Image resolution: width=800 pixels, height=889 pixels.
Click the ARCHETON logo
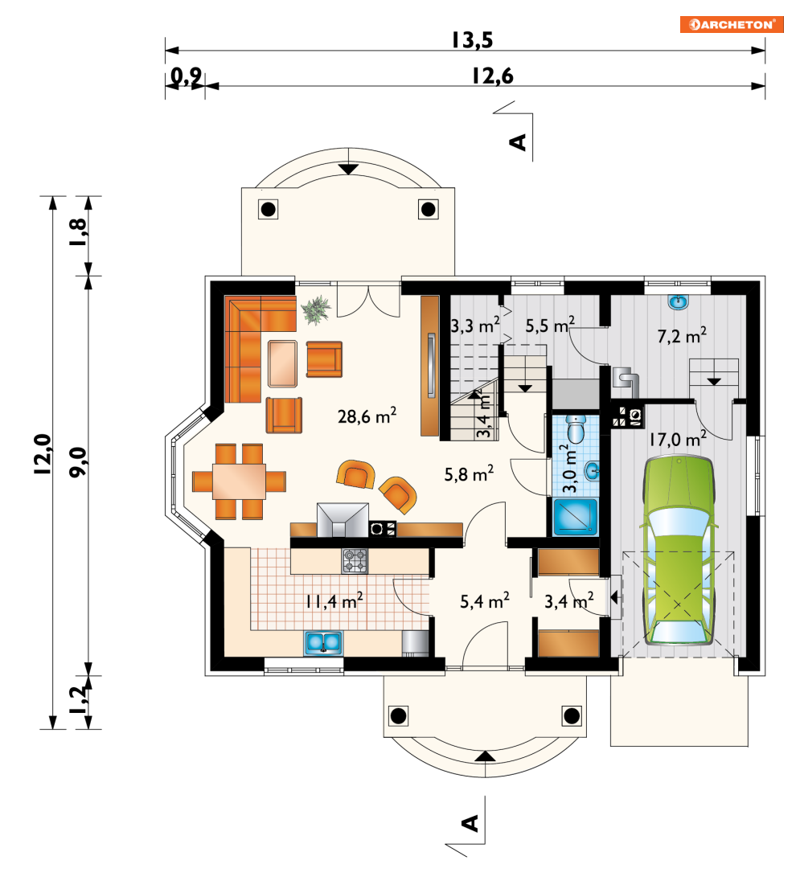point(732,24)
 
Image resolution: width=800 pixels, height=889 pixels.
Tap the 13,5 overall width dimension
point(472,40)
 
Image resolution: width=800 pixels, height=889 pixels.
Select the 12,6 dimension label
point(492,76)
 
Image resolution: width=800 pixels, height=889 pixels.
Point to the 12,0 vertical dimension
point(43,453)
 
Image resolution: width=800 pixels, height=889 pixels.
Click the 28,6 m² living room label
point(367,416)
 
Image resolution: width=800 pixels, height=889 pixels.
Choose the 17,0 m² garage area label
point(678,439)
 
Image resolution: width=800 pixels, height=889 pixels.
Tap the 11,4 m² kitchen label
point(334,601)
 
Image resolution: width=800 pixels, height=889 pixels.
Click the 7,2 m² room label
point(682,336)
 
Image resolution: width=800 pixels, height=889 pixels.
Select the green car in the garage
point(678,551)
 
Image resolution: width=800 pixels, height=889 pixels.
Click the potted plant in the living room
point(316,309)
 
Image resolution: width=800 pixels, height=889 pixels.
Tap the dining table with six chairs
point(239,481)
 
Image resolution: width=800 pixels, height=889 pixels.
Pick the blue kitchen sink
point(324,643)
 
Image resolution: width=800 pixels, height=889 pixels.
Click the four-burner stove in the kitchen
point(355,561)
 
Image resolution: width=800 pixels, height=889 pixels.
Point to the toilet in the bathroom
point(576,428)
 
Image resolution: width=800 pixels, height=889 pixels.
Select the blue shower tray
point(575,517)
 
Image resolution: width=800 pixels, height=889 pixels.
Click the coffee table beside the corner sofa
point(282,363)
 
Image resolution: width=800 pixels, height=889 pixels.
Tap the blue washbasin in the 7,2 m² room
point(678,302)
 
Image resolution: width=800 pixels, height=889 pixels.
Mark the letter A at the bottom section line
point(470,823)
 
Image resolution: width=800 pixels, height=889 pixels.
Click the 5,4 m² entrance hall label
point(485,601)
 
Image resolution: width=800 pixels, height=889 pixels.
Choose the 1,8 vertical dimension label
point(78,232)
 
